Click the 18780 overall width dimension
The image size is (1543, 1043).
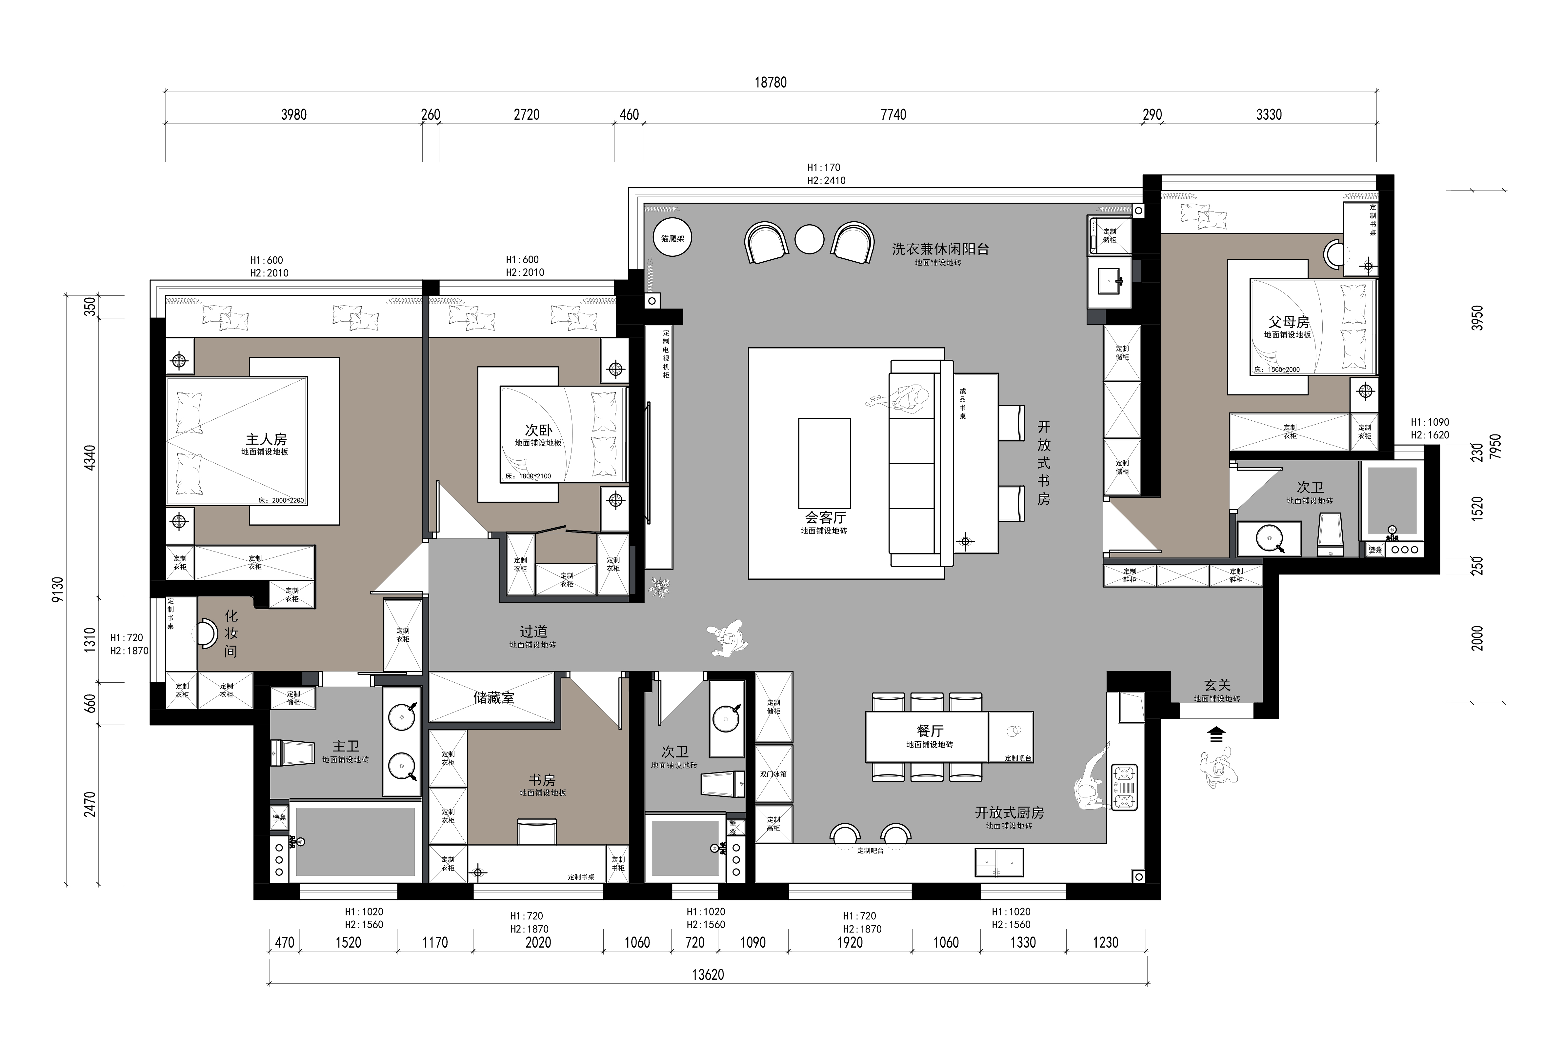[x=770, y=82]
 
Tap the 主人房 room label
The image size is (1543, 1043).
[x=266, y=439]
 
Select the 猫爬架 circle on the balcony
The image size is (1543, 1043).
[x=672, y=238]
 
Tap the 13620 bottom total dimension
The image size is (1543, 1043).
[x=708, y=974]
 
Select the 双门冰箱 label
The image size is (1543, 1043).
[x=773, y=774]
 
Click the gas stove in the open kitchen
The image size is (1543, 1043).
[x=1124, y=787]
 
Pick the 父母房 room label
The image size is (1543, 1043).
[x=1289, y=322]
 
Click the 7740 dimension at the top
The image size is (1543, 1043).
[x=893, y=115]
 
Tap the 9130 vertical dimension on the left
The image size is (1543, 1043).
[x=58, y=590]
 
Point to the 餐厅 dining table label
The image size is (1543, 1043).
[x=930, y=731]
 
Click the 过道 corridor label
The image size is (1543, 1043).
[x=533, y=632]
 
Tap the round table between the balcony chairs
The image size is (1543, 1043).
[x=809, y=240]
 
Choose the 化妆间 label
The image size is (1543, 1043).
[x=230, y=634]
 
